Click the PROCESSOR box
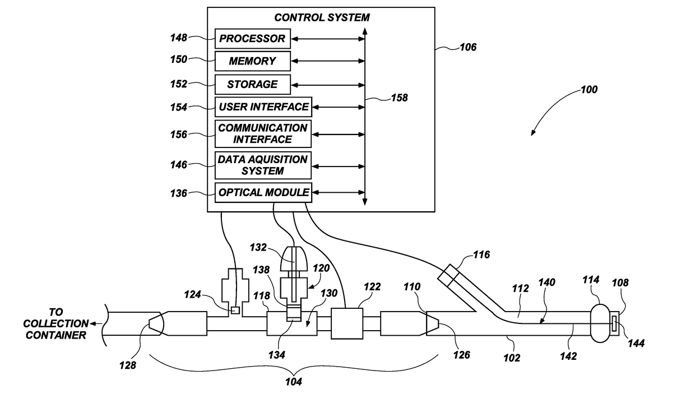pos(253,39)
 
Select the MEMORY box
pos(253,61)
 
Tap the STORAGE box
pos(253,85)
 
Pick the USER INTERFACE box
pos(263,107)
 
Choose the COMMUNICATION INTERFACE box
pos(263,134)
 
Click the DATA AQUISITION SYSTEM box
pos(263,165)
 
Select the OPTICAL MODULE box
pos(263,193)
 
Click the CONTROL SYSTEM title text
pos(322,17)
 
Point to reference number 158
pos(399,98)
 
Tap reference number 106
pos(468,47)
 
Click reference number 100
pos(589,90)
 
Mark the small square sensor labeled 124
pos(235,311)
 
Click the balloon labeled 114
pos(600,323)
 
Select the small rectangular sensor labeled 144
pos(614,323)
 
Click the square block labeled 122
pos(347,323)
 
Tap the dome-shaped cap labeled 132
pos(294,258)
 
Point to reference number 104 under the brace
pos(294,382)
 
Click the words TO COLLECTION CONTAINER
pos(56,323)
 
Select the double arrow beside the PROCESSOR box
pos(328,39)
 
